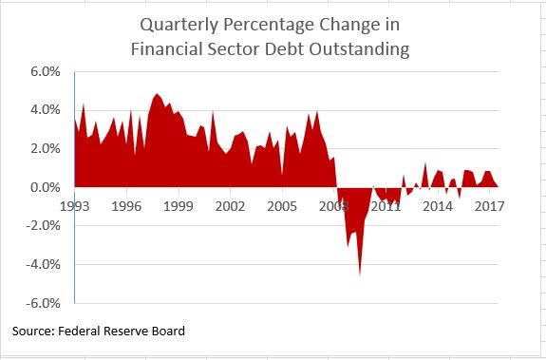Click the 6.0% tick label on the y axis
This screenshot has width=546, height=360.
click(x=47, y=71)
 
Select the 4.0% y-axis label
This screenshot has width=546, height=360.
click(x=47, y=110)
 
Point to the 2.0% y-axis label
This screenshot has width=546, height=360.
click(x=47, y=149)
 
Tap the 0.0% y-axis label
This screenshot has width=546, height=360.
click(x=47, y=188)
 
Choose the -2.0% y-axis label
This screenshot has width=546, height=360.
click(x=45, y=226)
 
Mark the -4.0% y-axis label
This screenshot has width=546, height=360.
click(x=45, y=265)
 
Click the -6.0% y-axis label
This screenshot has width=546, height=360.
click(x=45, y=304)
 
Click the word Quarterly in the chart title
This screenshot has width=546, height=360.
click(x=179, y=26)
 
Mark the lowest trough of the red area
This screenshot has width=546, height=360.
click(x=360, y=275)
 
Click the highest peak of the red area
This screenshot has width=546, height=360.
click(x=157, y=94)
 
